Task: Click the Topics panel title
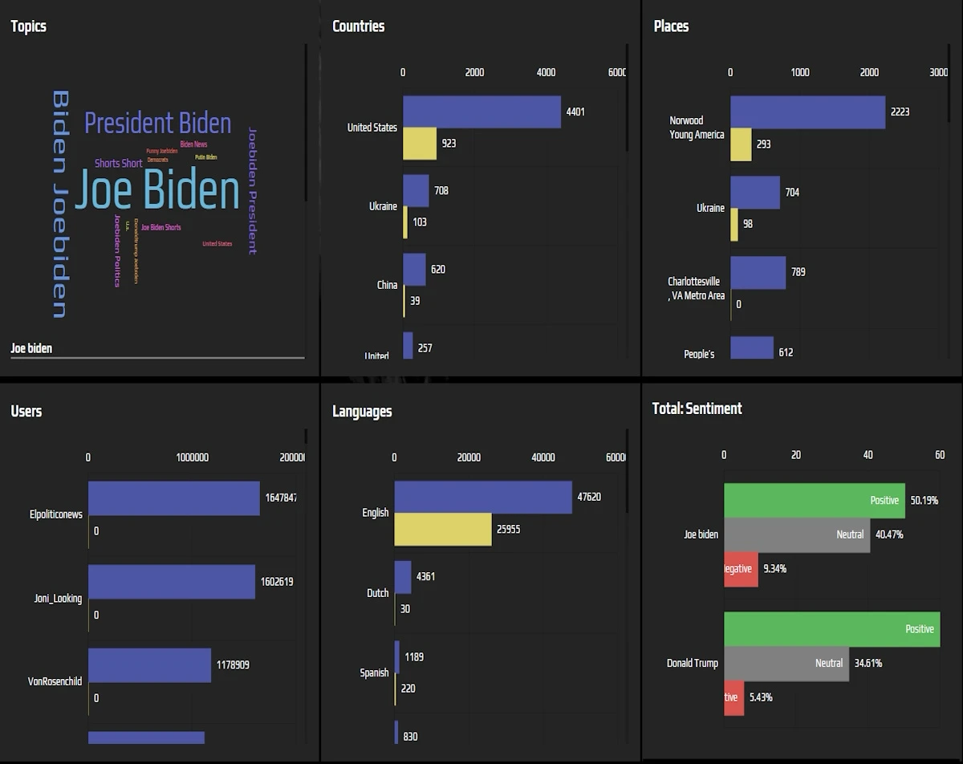click(28, 26)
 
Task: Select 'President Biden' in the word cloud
click(157, 124)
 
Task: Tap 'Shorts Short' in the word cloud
click(118, 164)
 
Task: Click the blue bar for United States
click(481, 112)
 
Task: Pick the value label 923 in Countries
click(449, 144)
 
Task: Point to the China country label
click(387, 285)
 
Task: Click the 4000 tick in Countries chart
click(546, 72)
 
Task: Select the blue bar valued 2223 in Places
click(807, 112)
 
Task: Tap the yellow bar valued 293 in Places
click(741, 144)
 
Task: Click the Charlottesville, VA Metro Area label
click(696, 289)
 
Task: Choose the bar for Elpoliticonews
click(173, 498)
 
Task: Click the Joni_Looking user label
click(58, 598)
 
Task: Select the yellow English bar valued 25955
click(442, 530)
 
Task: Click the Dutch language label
click(377, 593)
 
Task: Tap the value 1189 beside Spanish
click(414, 657)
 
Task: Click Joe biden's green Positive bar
click(814, 501)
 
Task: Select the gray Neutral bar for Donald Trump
click(786, 664)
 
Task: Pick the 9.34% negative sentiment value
click(774, 569)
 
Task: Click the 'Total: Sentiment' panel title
click(697, 408)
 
